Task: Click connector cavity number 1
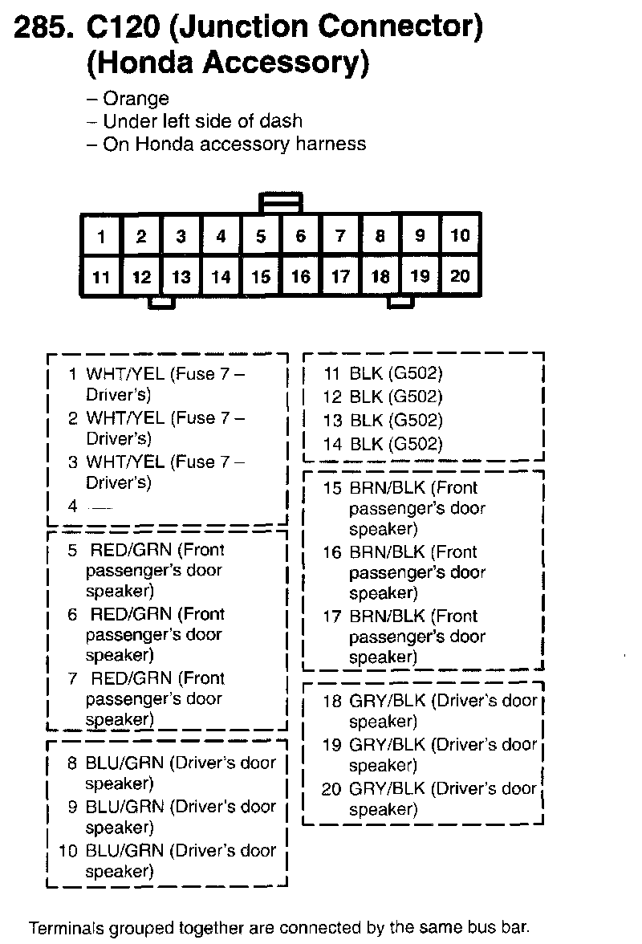click(x=101, y=236)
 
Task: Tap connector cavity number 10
click(x=460, y=235)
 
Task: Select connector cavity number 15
click(x=261, y=277)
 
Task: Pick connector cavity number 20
click(x=460, y=276)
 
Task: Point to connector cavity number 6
click(x=301, y=236)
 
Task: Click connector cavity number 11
click(x=101, y=277)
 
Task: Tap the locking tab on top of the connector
click(x=281, y=201)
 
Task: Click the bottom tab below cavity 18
click(x=400, y=302)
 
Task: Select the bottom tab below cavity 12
click(x=161, y=303)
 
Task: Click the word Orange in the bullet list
click(x=136, y=99)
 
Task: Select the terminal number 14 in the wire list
click(x=332, y=443)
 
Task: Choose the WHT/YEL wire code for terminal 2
click(x=124, y=418)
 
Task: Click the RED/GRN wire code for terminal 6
click(x=131, y=614)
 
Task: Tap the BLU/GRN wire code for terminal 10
click(x=124, y=850)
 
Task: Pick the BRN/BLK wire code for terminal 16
click(x=388, y=551)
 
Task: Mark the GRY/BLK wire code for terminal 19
click(x=388, y=744)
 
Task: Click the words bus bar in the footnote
click(x=501, y=928)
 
